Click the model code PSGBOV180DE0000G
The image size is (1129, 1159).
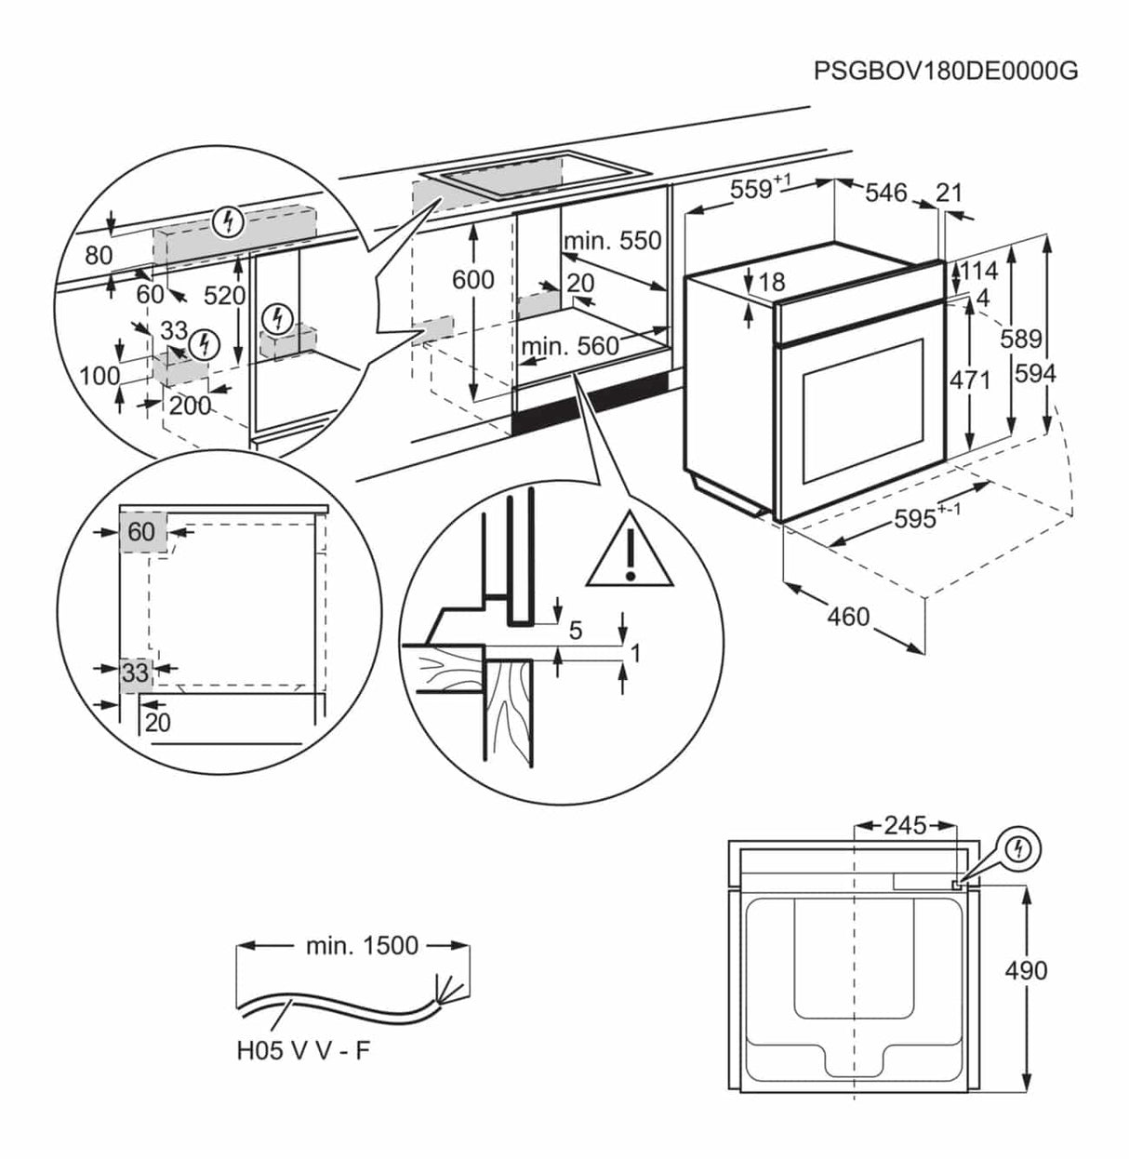[x=945, y=71]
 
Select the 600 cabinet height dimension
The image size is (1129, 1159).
[x=472, y=279]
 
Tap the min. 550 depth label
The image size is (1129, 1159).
[x=612, y=241]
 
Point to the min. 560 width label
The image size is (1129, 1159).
[x=569, y=347]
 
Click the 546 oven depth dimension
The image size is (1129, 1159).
[x=885, y=193]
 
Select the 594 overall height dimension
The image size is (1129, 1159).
[x=1035, y=373]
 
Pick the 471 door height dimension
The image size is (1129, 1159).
[x=969, y=380]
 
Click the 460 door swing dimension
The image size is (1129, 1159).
[x=848, y=616]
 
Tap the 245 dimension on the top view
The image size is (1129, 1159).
[x=905, y=825]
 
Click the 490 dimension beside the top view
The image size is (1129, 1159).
[x=1026, y=970]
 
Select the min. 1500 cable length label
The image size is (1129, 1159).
[x=362, y=946]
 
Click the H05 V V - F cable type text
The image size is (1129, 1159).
[x=302, y=1051]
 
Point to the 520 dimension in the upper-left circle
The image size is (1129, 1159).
[x=224, y=296]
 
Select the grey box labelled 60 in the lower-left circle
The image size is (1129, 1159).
[x=141, y=533]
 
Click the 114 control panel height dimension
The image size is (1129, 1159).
[x=977, y=271]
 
